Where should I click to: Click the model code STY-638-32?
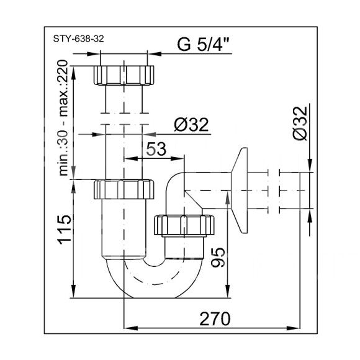(x=79, y=38)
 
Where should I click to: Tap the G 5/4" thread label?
(x=204, y=44)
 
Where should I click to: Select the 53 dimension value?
(x=156, y=149)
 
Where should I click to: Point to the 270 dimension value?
(x=215, y=319)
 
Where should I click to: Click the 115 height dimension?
(x=64, y=230)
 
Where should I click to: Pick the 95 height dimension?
(x=217, y=258)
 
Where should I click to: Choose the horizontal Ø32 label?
(x=191, y=125)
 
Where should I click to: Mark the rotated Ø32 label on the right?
(x=300, y=124)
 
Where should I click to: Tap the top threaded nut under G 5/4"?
(x=124, y=75)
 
